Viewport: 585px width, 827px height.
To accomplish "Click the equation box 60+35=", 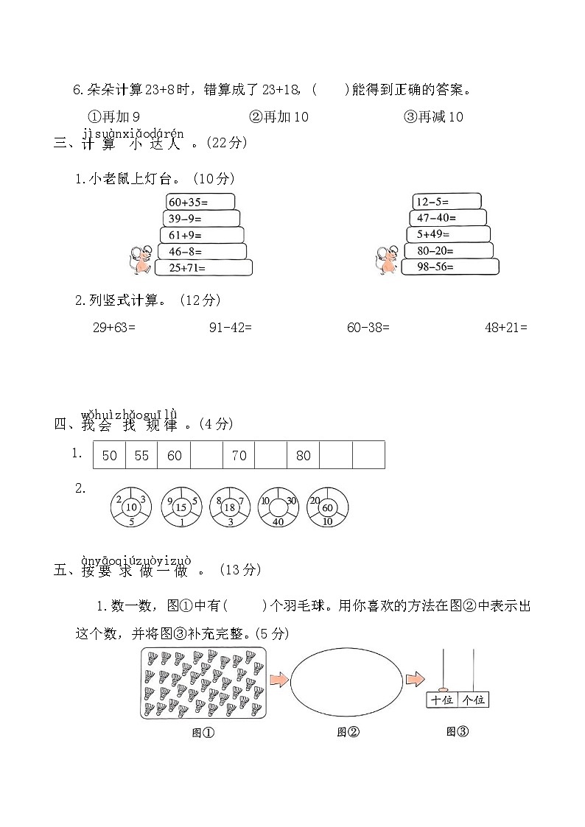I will pos(200,202).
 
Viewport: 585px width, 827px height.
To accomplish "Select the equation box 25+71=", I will pos(204,268).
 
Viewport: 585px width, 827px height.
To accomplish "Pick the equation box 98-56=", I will pos(451,267).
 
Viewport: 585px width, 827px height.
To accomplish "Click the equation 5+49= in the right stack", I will pos(448,234).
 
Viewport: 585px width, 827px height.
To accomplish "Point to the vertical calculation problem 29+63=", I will pos(113,328).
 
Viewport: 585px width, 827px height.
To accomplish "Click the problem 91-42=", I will pos(231,328).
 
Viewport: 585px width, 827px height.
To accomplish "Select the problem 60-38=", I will pos(368,328).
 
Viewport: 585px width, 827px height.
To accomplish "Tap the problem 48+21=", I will pos(505,328).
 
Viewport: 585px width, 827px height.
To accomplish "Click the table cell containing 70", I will pos(239,455).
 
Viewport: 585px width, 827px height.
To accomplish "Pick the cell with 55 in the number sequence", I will pos(141,455).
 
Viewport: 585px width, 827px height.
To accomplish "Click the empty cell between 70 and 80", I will pos(270,455).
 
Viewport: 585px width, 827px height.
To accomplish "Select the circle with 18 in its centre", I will pos(230,507).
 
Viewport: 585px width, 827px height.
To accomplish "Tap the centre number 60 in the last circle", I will pos(327,507).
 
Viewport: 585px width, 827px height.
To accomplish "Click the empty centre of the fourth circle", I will pos(279,507).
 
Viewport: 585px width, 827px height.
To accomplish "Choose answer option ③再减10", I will pos(434,117).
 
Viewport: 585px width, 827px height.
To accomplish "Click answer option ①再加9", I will pos(114,117).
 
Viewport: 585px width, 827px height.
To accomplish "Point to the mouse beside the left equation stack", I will pos(141,261).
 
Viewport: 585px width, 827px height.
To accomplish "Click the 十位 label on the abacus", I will pos(442,700).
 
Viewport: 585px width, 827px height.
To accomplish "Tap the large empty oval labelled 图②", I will pos(346,679).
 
